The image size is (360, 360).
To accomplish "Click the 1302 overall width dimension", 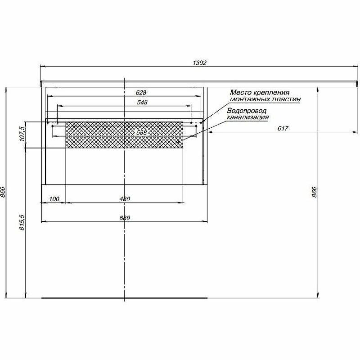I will [199, 63].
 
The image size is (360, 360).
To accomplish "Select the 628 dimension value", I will [141, 92].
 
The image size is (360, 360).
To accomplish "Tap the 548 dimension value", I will [142, 102].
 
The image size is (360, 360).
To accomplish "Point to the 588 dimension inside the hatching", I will [141, 132].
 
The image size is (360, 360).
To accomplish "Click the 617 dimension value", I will [283, 128].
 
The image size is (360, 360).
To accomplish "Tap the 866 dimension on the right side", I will [315, 193].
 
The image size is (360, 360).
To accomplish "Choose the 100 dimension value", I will [54, 199].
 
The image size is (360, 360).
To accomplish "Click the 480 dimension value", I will [125, 199].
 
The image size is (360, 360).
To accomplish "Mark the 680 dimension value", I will [125, 218].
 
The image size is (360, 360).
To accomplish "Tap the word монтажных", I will [249, 99].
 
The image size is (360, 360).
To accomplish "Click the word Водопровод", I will [247, 111].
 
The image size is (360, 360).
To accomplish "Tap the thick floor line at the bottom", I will [124, 298].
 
